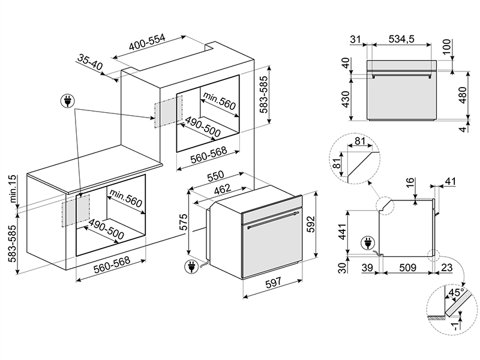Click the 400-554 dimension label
(147, 42)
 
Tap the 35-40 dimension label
(90, 62)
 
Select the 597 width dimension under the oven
(273, 282)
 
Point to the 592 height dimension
(311, 224)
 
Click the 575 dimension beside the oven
(183, 222)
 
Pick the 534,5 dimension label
(401, 39)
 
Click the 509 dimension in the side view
(408, 268)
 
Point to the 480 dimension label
(463, 95)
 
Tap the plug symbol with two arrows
(68, 101)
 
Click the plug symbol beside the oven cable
(191, 266)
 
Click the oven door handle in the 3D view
(274, 218)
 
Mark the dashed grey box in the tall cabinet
(168, 112)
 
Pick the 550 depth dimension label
(215, 176)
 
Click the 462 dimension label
(223, 189)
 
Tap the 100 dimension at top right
(446, 47)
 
